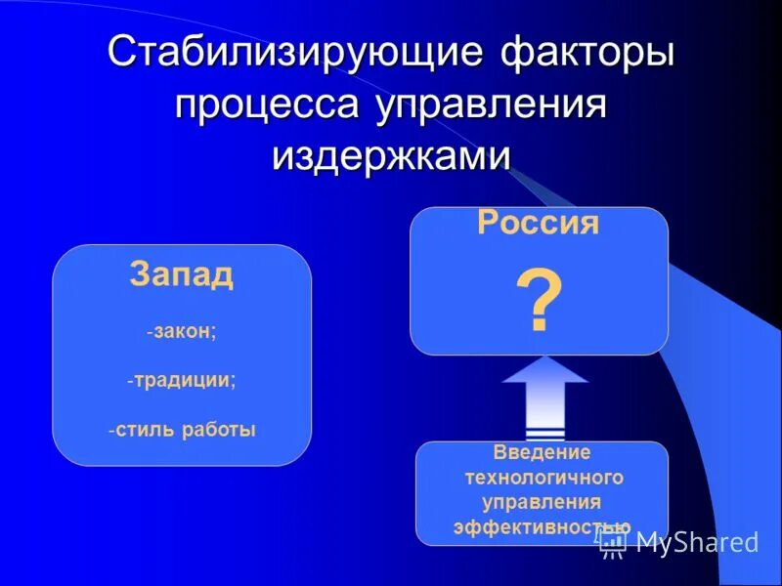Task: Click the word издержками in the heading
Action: pos(391,157)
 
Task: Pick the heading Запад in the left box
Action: pos(182,275)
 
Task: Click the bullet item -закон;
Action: pos(182,331)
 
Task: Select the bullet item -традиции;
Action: pos(182,380)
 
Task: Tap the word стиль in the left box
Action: pos(146,430)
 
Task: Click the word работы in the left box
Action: pos(218,430)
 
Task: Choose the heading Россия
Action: pos(538,224)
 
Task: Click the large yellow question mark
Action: pos(539,301)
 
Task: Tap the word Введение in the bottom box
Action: pos(543,454)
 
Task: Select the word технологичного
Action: pos(543,479)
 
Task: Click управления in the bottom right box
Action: pos(543,503)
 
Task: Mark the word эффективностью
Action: pos(541,527)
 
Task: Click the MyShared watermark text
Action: pos(696,543)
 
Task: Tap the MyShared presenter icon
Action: pos(614,543)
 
